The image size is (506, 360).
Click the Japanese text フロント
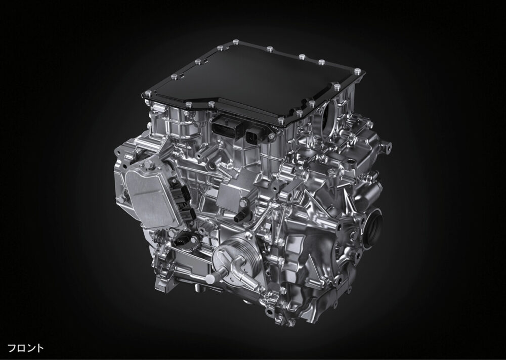pos(25,348)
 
